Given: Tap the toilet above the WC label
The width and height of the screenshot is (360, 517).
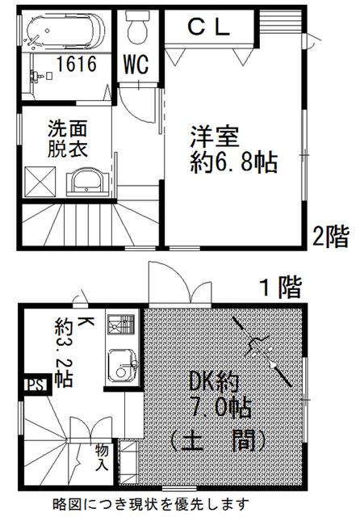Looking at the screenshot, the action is tap(137, 27).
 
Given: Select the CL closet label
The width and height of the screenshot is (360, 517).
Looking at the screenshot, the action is tap(209, 27).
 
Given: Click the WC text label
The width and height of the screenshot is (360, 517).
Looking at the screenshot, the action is tap(136, 64).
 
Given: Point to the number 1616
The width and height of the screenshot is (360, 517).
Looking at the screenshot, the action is tap(77, 64).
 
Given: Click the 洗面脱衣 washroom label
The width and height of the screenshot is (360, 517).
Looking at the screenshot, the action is tap(68, 139).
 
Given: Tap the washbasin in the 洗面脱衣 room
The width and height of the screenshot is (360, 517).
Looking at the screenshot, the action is tap(87, 183).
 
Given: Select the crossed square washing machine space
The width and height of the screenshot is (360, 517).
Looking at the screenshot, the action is tap(40, 182).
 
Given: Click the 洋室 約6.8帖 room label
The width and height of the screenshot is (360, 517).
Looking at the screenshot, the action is tap(233, 149).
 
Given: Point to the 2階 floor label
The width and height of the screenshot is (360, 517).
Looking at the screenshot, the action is tap(330, 237).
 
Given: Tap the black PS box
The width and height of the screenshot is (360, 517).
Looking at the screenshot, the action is tap(36, 385).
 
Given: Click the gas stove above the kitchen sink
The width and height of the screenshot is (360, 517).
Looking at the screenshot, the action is tap(121, 324).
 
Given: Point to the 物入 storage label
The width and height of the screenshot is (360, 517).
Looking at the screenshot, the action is tap(102, 457).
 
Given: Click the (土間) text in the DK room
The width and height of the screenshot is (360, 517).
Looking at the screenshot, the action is tap(218, 441).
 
